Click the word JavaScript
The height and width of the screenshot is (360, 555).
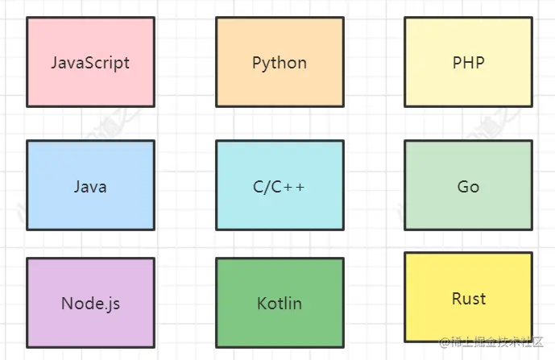coord(90,63)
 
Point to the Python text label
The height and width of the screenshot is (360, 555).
coord(280,63)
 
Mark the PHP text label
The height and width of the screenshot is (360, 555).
coord(468,62)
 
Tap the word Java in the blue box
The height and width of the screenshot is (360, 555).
coord(90,187)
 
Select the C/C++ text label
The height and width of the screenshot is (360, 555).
coord(280,187)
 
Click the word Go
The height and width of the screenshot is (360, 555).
coord(468,187)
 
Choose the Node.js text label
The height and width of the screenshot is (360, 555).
coord(90,304)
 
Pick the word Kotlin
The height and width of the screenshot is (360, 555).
coord(280,304)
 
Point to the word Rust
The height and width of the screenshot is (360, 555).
coord(468,299)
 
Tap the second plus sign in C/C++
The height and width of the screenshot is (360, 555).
coord(300,187)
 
